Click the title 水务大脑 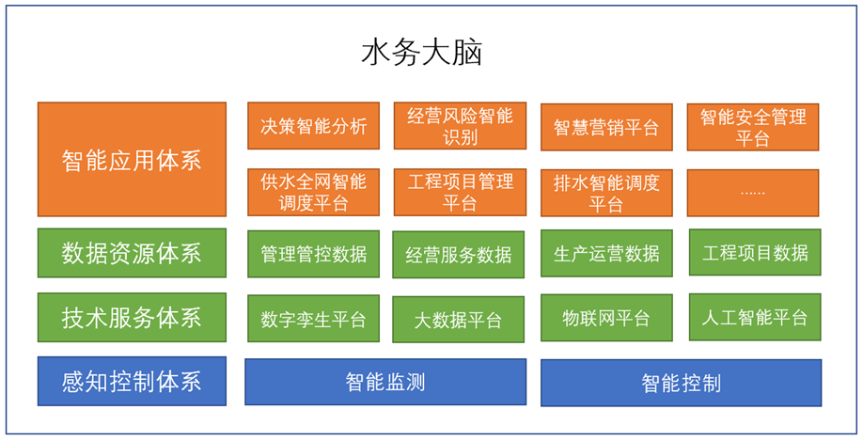pyautogui.click(x=421, y=53)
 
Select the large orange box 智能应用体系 pyautogui.click(x=133, y=159)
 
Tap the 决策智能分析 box pyautogui.click(x=314, y=125)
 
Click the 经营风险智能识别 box pyautogui.click(x=460, y=125)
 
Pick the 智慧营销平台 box pyautogui.click(x=606, y=127)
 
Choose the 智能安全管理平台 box pyautogui.click(x=753, y=127)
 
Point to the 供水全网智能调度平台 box pyautogui.click(x=314, y=192)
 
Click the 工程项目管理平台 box pyautogui.click(x=460, y=192)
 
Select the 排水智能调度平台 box pyautogui.click(x=606, y=193)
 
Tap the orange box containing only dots pyautogui.click(x=753, y=193)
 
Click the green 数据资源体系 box pyautogui.click(x=133, y=253)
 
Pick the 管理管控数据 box pyautogui.click(x=314, y=254)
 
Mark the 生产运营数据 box pyautogui.click(x=606, y=253)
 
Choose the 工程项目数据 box pyautogui.click(x=755, y=252)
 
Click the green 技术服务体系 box pyautogui.click(x=133, y=317)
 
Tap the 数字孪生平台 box pyautogui.click(x=314, y=318)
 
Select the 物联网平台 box pyautogui.click(x=606, y=318)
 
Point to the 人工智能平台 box pyautogui.click(x=755, y=317)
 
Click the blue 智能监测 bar pyautogui.click(x=385, y=382)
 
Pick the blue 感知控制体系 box pyautogui.click(x=133, y=381)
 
